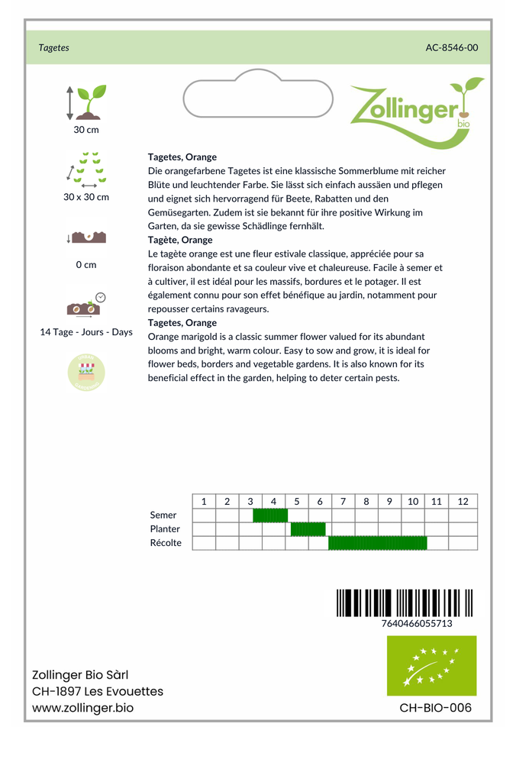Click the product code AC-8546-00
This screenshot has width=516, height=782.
(x=452, y=47)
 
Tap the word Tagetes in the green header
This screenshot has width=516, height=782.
(x=53, y=47)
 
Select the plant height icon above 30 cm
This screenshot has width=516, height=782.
(x=85, y=102)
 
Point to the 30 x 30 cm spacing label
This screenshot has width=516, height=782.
(x=85, y=197)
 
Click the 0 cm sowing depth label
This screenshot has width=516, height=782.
(x=85, y=265)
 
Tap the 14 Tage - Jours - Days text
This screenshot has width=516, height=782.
(x=85, y=332)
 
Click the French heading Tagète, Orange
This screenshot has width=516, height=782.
(x=180, y=240)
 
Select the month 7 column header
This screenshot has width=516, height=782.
(x=343, y=502)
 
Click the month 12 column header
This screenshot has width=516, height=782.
(x=463, y=502)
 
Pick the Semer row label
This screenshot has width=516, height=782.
(x=163, y=515)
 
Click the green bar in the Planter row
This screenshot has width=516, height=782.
(x=308, y=529)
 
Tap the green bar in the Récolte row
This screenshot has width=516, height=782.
(x=377, y=543)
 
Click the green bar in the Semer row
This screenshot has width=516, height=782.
(x=269, y=515)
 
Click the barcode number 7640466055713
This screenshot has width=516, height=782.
(x=417, y=624)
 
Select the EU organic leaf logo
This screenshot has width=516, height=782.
(x=431, y=666)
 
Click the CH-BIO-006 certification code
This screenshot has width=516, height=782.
(x=435, y=708)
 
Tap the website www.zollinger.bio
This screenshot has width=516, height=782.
(x=82, y=708)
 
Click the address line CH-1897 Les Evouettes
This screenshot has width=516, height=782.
(x=97, y=691)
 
